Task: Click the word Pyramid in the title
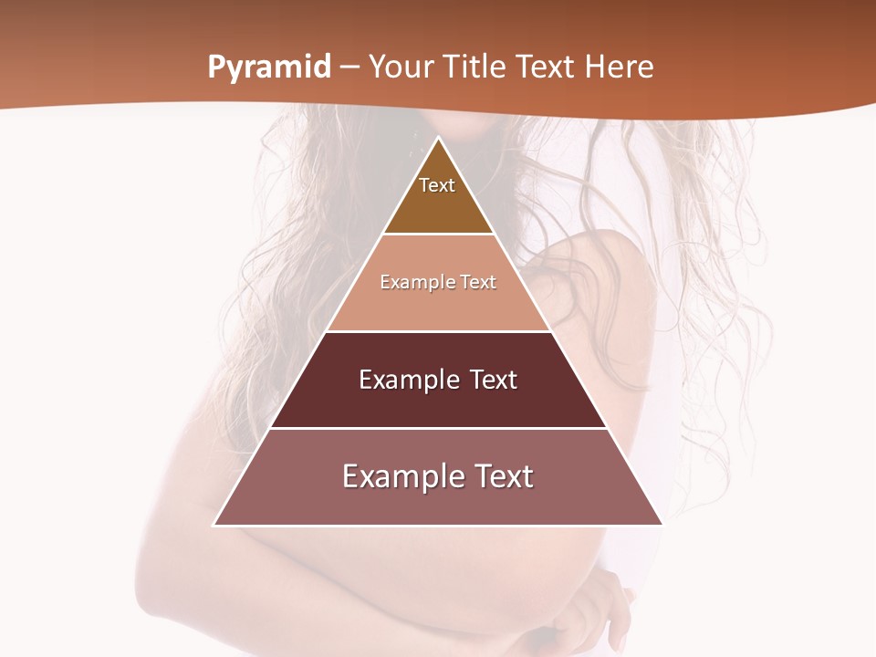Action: pyautogui.click(x=268, y=68)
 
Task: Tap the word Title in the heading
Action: pyautogui.click(x=481, y=68)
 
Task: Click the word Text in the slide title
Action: pyautogui.click(x=547, y=68)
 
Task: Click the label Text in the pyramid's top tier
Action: pyautogui.click(x=437, y=185)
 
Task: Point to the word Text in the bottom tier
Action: pyautogui.click(x=502, y=476)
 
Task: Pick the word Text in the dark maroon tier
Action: pyautogui.click(x=493, y=380)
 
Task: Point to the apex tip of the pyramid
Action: pyautogui.click(x=439, y=139)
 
